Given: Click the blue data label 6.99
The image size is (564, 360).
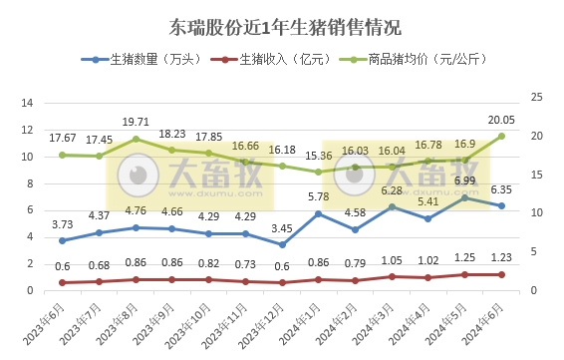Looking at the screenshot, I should pos(465,180).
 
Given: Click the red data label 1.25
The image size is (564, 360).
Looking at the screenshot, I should pos(465,257).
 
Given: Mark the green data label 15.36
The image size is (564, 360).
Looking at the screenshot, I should pos(318,156).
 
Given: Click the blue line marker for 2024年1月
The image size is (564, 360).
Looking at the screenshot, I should pos(318,213).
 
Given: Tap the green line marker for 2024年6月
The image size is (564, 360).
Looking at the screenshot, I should pos(501,136).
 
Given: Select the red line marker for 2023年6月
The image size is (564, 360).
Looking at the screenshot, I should pos(62,282).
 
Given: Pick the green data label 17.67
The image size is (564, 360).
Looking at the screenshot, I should pos(62,137).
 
